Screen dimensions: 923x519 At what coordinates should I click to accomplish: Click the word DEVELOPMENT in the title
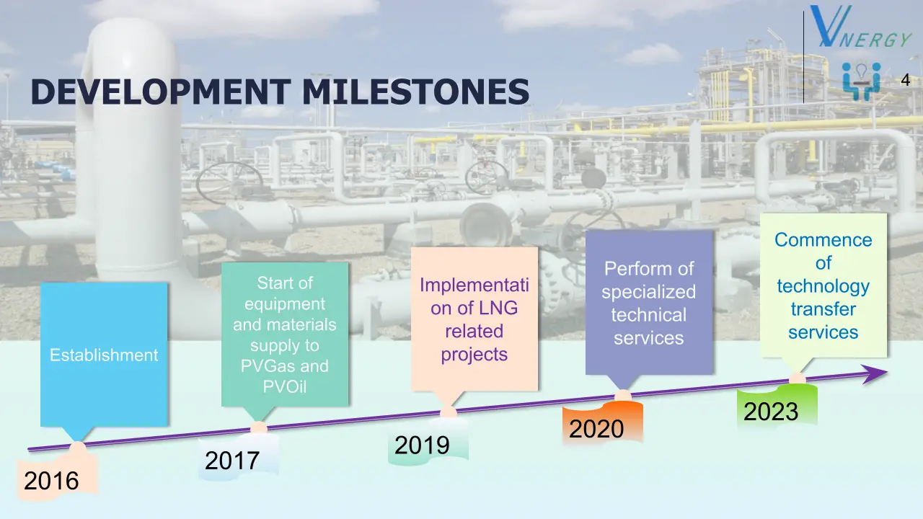click(x=161, y=92)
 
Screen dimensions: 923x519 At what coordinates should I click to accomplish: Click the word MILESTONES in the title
click(x=416, y=92)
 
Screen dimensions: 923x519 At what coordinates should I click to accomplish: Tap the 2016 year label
click(x=51, y=481)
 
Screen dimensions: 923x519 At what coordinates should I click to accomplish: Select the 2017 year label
click(x=232, y=460)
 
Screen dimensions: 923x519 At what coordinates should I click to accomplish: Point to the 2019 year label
click(x=422, y=445)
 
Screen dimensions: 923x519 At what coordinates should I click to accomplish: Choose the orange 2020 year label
click(x=596, y=428)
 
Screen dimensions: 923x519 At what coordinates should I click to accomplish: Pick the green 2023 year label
click(x=771, y=411)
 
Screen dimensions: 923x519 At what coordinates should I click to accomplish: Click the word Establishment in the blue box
click(x=104, y=355)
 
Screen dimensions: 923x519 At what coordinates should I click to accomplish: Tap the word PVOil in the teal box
click(x=285, y=387)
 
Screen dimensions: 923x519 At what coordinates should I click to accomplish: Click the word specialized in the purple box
click(x=648, y=293)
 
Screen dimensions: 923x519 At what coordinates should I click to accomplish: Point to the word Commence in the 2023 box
click(x=823, y=240)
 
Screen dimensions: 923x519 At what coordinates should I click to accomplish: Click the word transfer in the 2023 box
click(x=823, y=309)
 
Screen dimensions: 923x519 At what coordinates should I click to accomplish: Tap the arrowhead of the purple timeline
click(x=875, y=374)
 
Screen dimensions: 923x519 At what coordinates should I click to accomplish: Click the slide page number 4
click(x=905, y=80)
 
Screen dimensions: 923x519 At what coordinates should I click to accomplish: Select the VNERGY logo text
click(x=860, y=27)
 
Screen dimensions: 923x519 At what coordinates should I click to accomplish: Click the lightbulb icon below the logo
click(x=861, y=74)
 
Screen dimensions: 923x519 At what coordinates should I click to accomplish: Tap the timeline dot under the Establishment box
click(x=77, y=448)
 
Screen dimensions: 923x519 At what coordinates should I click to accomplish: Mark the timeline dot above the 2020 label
click(x=623, y=396)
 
